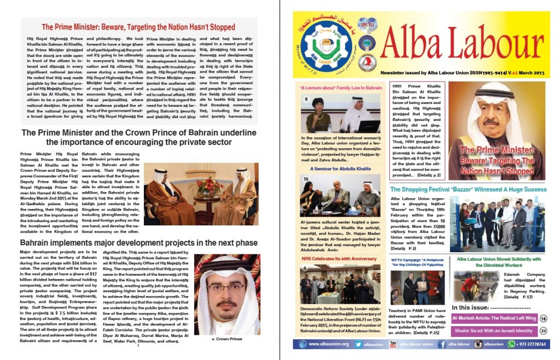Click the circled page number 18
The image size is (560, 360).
pyautogui.click(x=543, y=318)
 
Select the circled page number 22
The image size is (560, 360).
pyautogui.click(x=543, y=330)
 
